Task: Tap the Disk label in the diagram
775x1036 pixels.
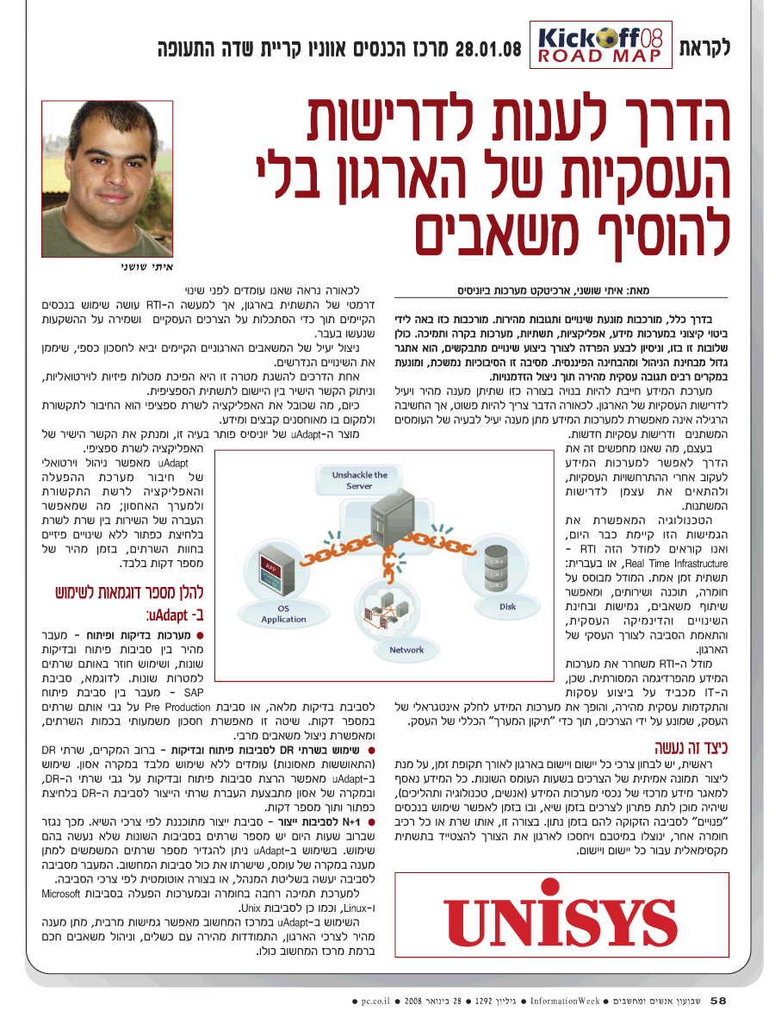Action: pyautogui.click(x=508, y=607)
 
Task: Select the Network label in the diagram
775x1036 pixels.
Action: pyautogui.click(x=406, y=650)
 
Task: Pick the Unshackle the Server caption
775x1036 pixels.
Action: pyautogui.click(x=360, y=480)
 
